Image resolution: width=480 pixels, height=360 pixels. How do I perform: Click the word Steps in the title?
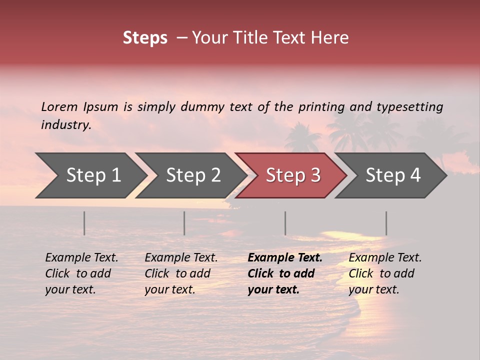[145, 38]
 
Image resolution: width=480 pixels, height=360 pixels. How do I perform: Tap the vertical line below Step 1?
[84, 223]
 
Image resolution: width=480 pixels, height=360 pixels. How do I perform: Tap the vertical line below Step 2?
[184, 223]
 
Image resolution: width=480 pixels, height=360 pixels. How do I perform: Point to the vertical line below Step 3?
[285, 223]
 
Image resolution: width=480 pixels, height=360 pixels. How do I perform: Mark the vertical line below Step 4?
[386, 223]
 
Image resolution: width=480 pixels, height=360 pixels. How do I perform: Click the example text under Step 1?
[81, 273]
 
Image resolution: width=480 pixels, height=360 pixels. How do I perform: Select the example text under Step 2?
[181, 273]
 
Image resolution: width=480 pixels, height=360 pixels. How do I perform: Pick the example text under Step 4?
[385, 273]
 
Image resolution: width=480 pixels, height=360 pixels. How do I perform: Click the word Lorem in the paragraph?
[59, 107]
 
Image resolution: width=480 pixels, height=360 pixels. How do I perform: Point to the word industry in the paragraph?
[65, 125]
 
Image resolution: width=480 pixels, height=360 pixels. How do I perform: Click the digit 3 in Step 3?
[315, 175]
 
